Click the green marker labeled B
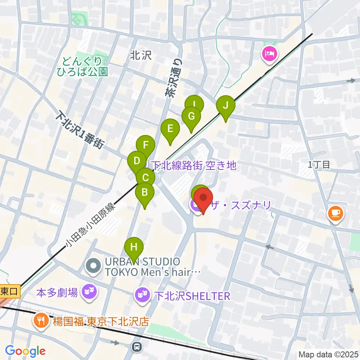pos(145,193)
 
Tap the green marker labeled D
pos(137,161)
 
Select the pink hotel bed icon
pos(270,54)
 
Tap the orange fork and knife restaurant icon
pos(40,321)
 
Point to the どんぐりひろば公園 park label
pos(82,66)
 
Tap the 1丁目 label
pos(319,164)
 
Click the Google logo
pos(25,351)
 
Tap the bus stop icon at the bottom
pos(137,346)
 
